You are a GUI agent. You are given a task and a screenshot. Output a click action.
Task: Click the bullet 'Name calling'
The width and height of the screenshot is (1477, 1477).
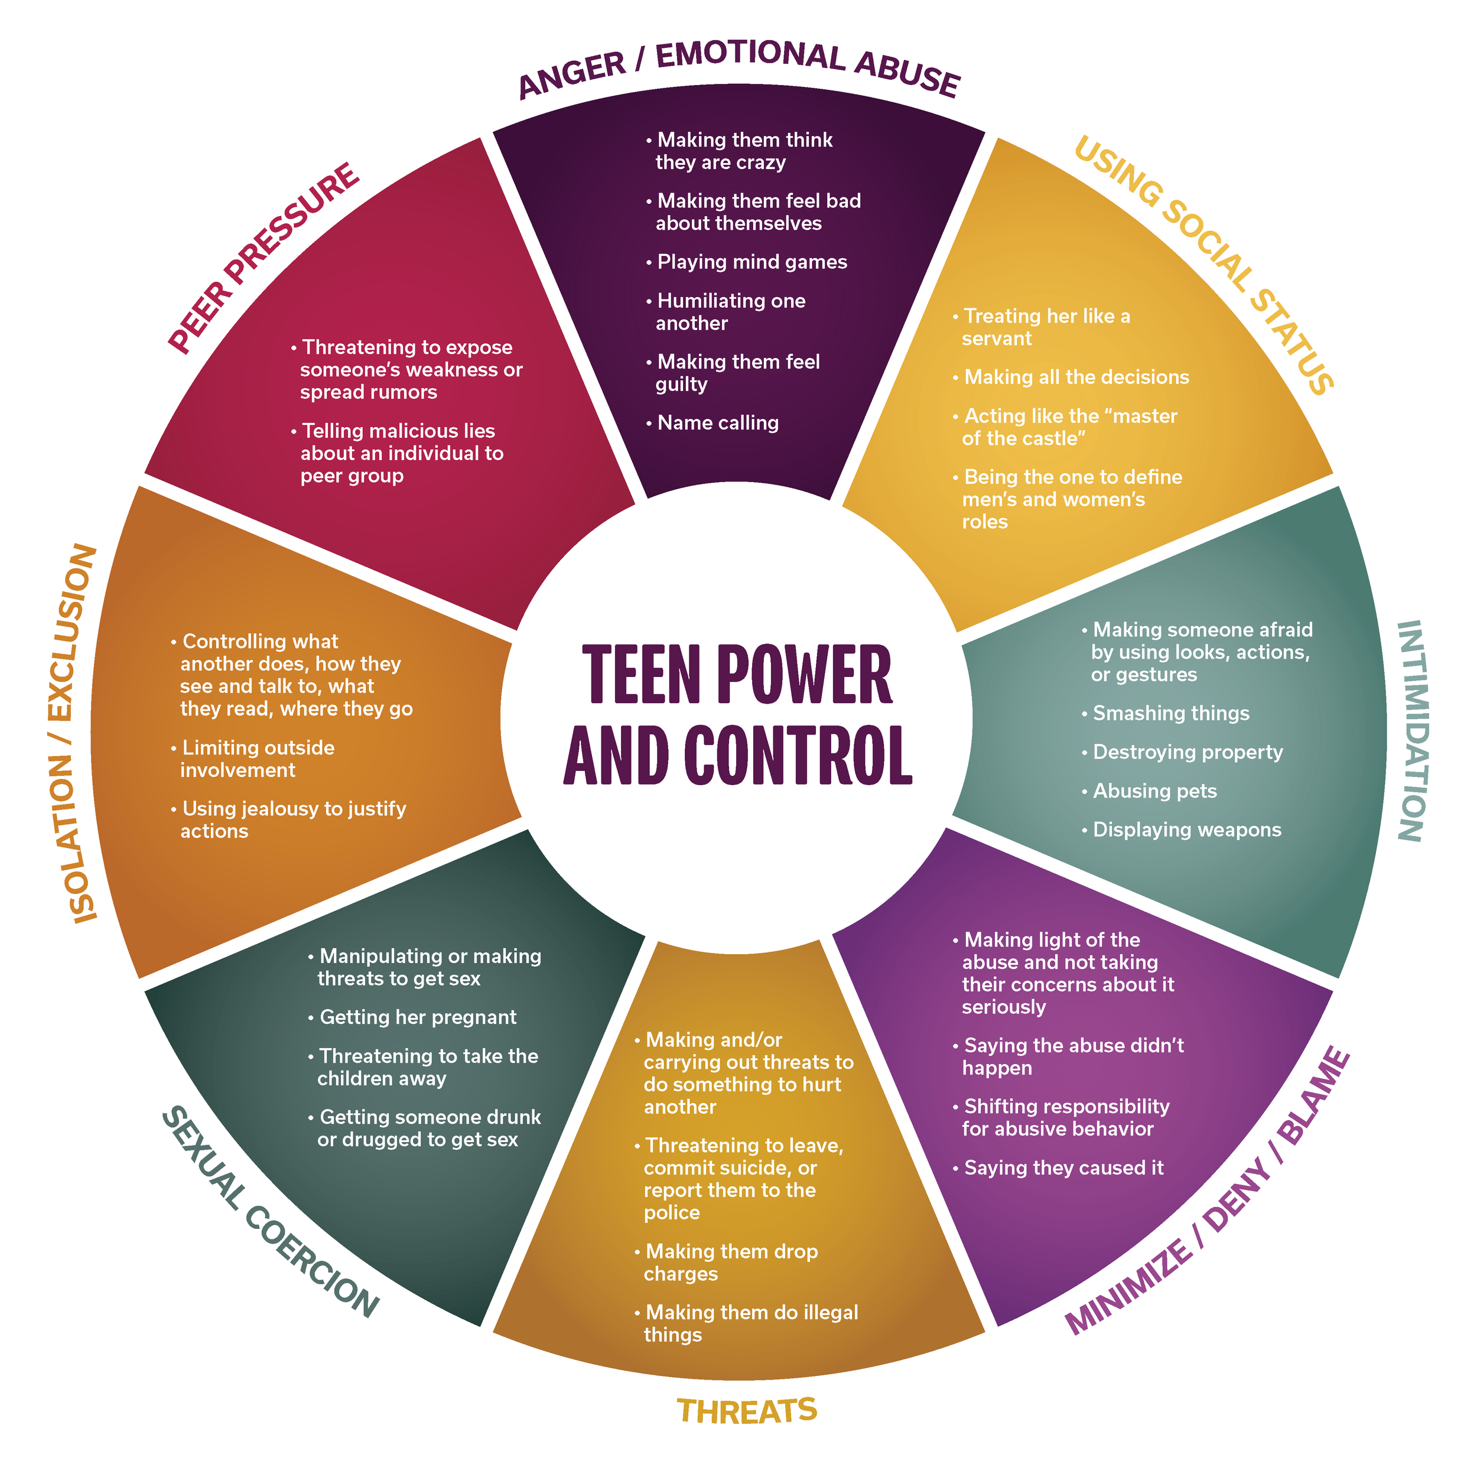(x=717, y=423)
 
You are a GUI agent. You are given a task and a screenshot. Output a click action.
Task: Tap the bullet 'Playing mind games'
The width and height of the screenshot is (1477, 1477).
(x=751, y=262)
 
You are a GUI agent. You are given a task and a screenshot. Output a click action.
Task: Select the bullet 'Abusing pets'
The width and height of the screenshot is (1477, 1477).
(x=1154, y=790)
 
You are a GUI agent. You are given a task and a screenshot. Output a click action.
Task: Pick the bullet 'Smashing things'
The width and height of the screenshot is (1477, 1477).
(x=1170, y=713)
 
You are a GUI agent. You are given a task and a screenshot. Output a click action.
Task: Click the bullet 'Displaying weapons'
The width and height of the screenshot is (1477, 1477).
(x=1186, y=829)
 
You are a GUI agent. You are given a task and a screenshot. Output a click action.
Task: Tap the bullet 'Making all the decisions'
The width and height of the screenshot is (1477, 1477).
(x=1076, y=377)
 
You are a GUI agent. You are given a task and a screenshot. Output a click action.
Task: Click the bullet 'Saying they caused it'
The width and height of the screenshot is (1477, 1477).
(x=1063, y=1167)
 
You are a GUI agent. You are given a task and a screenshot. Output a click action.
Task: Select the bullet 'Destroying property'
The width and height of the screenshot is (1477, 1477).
(x=1188, y=752)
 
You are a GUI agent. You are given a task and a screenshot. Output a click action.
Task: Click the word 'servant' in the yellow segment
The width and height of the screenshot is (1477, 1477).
(x=996, y=339)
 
